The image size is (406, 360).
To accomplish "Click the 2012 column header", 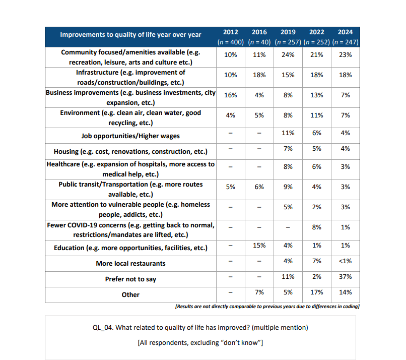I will coord(231,32).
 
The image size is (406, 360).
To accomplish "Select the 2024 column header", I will coord(346,32).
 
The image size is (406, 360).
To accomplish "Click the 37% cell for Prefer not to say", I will coord(346,276).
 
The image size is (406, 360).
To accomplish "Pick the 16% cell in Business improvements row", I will coord(231,95).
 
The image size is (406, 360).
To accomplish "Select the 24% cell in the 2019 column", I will coord(288,54).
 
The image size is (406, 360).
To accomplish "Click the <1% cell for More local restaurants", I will coord(346,261).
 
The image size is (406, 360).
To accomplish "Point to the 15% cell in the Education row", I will coord(259,245).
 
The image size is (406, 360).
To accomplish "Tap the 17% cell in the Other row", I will coord(317,292).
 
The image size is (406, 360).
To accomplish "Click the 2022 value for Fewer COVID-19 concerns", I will coord(317,227).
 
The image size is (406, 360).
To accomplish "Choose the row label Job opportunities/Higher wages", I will coord(130,136).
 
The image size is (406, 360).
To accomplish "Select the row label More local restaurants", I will coord(130,263).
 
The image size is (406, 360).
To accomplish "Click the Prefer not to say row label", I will coord(130,279).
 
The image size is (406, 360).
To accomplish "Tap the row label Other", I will coord(130,294).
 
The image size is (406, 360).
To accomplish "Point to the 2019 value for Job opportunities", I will coord(288,133).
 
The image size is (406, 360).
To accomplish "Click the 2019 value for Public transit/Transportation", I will coord(288,187).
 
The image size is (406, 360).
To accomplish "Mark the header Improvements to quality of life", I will coord(130,35).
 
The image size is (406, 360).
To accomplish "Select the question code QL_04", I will coord(103,328).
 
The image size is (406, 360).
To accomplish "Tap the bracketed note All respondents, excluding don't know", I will coord(200,343).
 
